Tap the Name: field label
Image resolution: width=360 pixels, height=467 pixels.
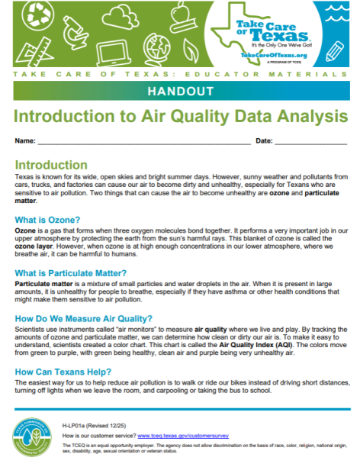(x=24, y=142)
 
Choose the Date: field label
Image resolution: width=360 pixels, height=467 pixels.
(x=263, y=142)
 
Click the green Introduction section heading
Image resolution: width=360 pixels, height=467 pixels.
(x=51, y=165)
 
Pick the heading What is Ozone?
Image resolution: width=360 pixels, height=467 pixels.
(x=50, y=220)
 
